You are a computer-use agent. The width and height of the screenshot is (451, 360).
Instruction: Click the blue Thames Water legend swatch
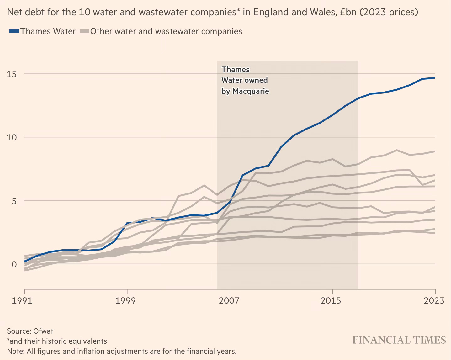14,31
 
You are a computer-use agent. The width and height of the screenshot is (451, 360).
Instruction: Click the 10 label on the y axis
12,137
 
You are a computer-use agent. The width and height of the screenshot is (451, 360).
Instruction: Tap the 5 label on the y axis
14,201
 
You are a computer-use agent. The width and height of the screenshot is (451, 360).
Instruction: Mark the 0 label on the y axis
14,264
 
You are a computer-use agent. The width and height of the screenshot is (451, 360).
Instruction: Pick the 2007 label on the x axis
230,300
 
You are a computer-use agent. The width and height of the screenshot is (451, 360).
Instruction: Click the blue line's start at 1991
25,261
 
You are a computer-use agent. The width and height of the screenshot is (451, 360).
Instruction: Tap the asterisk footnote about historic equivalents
57,341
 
